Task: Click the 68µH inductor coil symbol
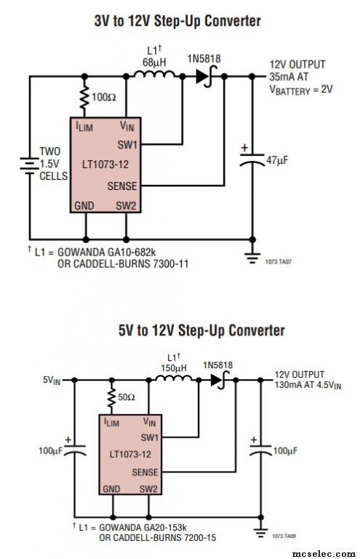tap(154, 74)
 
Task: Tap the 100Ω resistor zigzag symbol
tap(84, 96)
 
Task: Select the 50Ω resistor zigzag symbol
tap(112, 397)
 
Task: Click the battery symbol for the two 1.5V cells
tap(30, 166)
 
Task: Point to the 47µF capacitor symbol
tap(252, 159)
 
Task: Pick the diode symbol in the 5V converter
tap(219, 380)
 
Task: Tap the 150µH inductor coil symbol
tap(174, 378)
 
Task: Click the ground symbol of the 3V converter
tap(252, 258)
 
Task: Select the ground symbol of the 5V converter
tap(261, 533)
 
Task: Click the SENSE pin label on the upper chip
tap(122, 186)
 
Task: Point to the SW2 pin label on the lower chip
tap(148, 489)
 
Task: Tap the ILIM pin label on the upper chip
tap(84, 126)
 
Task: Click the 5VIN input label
tap(52, 380)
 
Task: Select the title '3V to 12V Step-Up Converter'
tap(177, 21)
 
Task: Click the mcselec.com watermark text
tap(324, 553)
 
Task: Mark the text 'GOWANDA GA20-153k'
tap(143, 527)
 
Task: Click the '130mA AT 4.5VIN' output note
tap(308, 385)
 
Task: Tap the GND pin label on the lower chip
tap(111, 489)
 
